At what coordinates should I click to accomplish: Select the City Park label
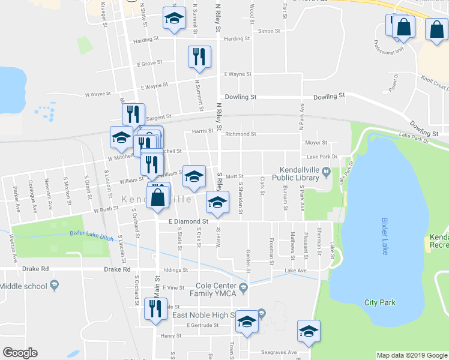coord(379,302)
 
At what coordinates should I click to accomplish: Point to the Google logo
coord(20,353)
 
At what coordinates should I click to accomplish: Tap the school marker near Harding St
coord(174,20)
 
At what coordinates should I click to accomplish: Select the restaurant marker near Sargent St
coord(133,114)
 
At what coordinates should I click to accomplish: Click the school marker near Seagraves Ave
coord(309,331)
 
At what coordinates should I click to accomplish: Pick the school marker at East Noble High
coord(247,322)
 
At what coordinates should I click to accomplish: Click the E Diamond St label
coord(187,221)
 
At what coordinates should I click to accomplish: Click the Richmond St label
coord(240,134)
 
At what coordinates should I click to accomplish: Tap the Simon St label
coord(269,31)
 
